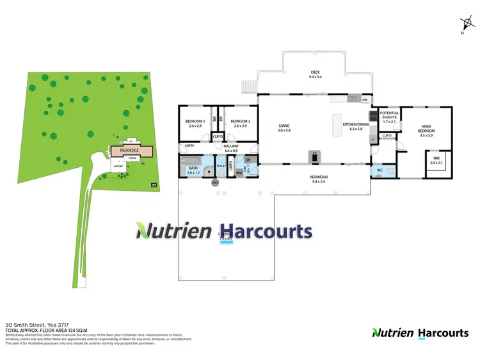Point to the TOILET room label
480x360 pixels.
tap(221, 166)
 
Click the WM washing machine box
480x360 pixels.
tap(238, 172)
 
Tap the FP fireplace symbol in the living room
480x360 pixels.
tap(314, 154)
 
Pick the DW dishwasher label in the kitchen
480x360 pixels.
tap(364, 101)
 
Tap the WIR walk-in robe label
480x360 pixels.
tap(436, 160)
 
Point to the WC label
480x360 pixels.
tap(380, 170)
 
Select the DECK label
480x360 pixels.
tap(314, 74)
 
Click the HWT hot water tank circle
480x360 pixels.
tap(215, 183)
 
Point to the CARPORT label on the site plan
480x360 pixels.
tap(118, 165)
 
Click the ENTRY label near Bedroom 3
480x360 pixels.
tap(189, 146)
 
